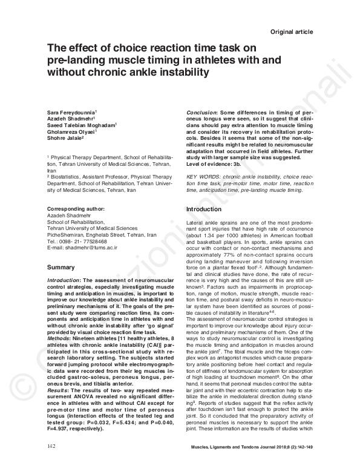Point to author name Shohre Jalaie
point(66,137)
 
